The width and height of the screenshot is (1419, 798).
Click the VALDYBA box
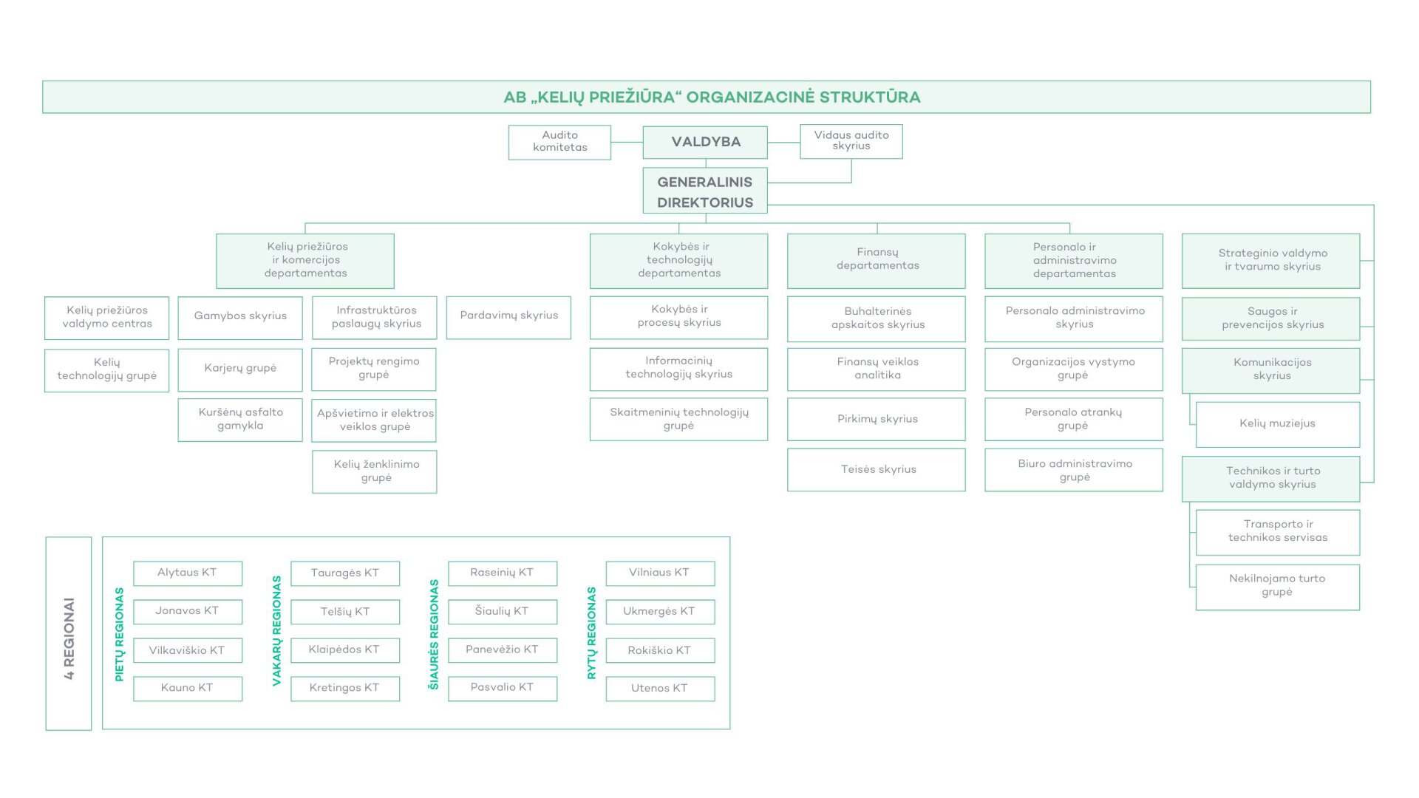tap(705, 142)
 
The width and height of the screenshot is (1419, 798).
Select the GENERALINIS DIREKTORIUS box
tap(705, 191)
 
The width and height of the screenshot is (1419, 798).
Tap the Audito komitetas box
tap(559, 142)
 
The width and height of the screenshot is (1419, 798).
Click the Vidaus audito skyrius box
tap(851, 141)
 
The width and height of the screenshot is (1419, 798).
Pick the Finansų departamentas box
tap(877, 260)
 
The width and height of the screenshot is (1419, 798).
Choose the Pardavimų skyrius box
tap(508, 317)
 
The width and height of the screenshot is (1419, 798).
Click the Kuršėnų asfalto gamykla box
tap(240, 420)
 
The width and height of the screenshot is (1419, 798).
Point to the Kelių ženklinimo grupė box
tap(375, 471)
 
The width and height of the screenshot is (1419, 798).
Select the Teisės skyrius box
tap(877, 469)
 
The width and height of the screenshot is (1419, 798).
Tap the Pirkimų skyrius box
tap(877, 419)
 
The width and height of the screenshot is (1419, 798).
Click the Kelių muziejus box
tap(1277, 424)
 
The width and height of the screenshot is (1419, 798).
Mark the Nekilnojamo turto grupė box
tap(1277, 587)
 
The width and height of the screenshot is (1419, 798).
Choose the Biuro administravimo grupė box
tap(1074, 470)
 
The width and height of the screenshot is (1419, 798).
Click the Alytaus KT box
tap(188, 573)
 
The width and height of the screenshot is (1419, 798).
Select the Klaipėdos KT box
tap(345, 650)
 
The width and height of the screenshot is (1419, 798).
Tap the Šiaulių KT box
tap(503, 612)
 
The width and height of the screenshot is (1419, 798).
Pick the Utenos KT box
tap(660, 689)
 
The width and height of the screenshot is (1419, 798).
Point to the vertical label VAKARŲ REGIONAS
tap(277, 631)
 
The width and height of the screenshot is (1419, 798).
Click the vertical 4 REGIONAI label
tap(69, 637)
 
